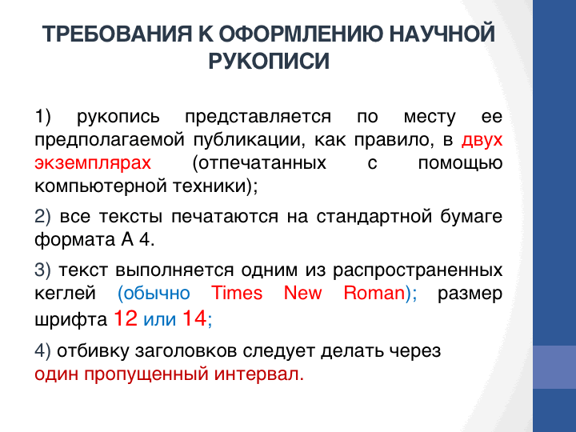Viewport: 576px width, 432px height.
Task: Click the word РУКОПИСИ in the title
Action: click(269, 61)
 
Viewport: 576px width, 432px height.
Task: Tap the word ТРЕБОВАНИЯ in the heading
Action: click(117, 34)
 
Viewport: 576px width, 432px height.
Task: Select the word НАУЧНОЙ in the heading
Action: click(442, 34)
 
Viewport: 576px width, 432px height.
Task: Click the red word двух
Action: click(482, 140)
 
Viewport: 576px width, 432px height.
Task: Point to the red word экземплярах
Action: click(93, 163)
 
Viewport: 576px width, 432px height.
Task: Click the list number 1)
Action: click(42, 116)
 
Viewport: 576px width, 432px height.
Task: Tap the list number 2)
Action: click(42, 216)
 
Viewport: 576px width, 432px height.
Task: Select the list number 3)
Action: click(42, 270)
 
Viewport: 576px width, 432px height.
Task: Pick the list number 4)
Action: click(42, 351)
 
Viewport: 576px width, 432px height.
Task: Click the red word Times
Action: click(237, 293)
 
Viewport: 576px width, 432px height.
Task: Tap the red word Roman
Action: click(374, 293)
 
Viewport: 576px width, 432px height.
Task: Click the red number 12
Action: click(126, 318)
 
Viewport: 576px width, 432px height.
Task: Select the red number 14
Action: click(194, 318)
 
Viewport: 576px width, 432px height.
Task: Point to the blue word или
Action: click(160, 319)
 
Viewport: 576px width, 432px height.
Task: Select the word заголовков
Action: click(186, 351)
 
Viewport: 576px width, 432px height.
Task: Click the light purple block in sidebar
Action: click(554, 367)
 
